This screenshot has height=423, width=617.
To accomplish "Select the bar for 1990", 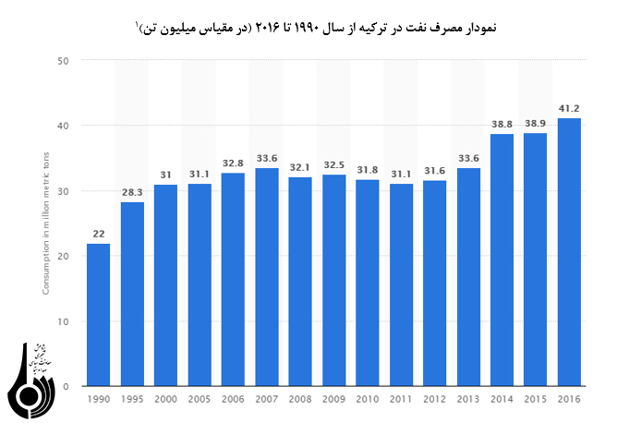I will click(98, 315).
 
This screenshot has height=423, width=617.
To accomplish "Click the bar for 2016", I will click(569, 252).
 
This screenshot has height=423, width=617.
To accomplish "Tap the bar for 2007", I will click(267, 277).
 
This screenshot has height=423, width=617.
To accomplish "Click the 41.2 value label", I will click(569, 109).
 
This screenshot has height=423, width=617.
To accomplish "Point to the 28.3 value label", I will click(132, 193).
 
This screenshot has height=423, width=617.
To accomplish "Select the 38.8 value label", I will click(502, 125).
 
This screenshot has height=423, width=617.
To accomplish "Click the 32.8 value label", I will click(233, 163).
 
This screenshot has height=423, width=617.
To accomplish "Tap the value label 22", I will click(98, 235).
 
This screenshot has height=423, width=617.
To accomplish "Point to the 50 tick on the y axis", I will click(64, 61).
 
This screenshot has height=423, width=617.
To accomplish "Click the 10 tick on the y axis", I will click(64, 321).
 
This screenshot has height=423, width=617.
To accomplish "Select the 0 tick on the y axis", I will click(67, 387).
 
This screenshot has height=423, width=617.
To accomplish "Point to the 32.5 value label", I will click(333, 165).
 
